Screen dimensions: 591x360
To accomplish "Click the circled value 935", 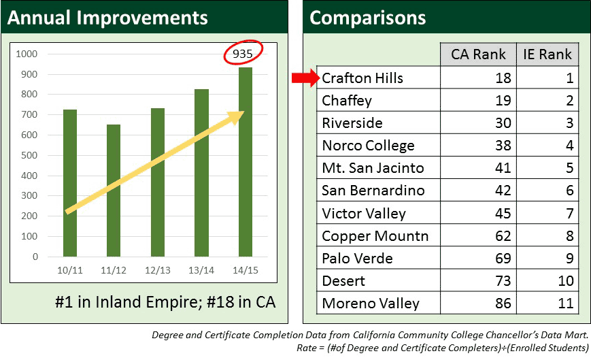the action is pyautogui.click(x=242, y=54).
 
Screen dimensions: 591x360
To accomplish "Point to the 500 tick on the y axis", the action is pyautogui.click(x=29, y=155).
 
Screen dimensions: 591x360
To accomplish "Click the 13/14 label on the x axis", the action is pyautogui.click(x=201, y=270).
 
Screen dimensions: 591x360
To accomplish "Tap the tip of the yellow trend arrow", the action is pyautogui.click(x=244, y=112).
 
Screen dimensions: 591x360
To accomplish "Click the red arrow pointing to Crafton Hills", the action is pyautogui.click(x=305, y=78).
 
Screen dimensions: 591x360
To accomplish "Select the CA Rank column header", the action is pyautogui.click(x=478, y=54).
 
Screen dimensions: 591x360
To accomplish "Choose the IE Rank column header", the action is pyautogui.click(x=547, y=54).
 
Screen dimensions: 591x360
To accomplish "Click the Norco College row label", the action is pyautogui.click(x=368, y=146).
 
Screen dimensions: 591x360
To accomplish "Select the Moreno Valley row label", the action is pyautogui.click(x=371, y=304).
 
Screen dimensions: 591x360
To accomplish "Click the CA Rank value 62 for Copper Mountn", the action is pyautogui.click(x=503, y=236).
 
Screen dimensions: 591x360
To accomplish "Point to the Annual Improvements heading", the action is pyautogui.click(x=107, y=18).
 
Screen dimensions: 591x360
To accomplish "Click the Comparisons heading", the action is pyautogui.click(x=367, y=18).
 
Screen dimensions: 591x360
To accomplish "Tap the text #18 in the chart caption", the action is pyautogui.click(x=220, y=302).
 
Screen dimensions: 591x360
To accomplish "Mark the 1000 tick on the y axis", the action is pyautogui.click(x=27, y=54).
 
